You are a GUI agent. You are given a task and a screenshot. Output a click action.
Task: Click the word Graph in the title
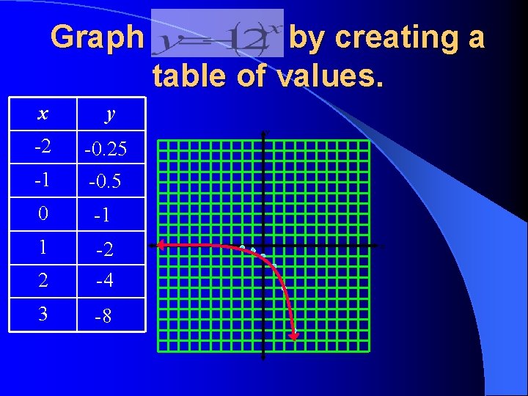(x=98, y=37)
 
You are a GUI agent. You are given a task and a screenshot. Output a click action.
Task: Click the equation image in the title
(x=217, y=33)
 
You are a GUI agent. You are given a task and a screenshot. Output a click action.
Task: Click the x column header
(x=43, y=114)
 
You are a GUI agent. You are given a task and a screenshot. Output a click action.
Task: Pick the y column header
(x=110, y=114)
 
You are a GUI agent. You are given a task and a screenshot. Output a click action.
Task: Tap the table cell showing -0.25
(x=106, y=150)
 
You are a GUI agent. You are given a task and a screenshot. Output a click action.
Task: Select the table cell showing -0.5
(x=106, y=181)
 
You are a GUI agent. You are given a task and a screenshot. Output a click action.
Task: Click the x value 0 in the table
(x=43, y=214)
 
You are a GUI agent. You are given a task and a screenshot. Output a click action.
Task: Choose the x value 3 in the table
(x=43, y=314)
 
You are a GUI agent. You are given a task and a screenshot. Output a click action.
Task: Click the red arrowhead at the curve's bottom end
(x=293, y=336)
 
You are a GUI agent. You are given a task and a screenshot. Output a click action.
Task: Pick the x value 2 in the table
(x=43, y=280)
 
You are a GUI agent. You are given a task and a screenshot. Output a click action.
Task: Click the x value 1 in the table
(x=43, y=247)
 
